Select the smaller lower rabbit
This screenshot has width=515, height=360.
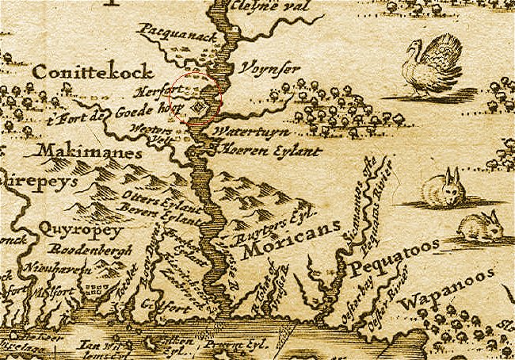tap(482, 227)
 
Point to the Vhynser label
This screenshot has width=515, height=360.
tap(270, 69)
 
